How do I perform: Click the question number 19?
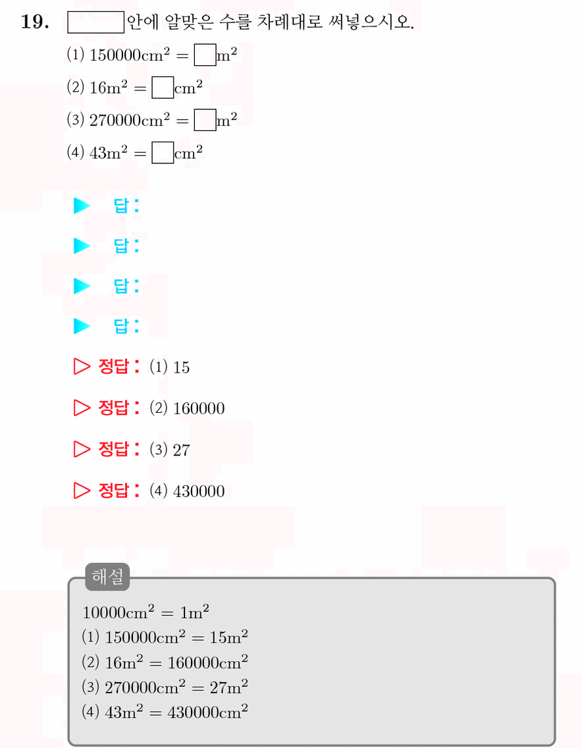tap(35, 22)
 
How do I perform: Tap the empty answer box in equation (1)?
tap(205, 55)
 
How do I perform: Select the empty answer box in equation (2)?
tap(163, 88)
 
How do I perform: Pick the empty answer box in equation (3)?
tap(205, 120)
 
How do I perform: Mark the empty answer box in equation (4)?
tap(163, 153)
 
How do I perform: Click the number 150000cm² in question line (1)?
tap(129, 55)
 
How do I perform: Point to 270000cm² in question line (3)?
tap(129, 120)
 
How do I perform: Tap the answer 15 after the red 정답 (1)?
tap(181, 367)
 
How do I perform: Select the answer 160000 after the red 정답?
tap(199, 408)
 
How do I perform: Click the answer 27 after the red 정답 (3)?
tap(181, 450)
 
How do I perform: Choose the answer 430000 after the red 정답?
tap(199, 491)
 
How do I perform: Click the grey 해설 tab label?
tap(107, 577)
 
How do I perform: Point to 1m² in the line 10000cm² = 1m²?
tap(195, 612)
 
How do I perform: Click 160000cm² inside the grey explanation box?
tap(207, 662)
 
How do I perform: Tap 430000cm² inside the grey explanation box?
tap(207, 712)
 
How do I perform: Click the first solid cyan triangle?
tap(81, 205)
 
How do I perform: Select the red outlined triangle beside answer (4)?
tap(82, 491)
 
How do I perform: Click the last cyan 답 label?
tap(126, 326)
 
